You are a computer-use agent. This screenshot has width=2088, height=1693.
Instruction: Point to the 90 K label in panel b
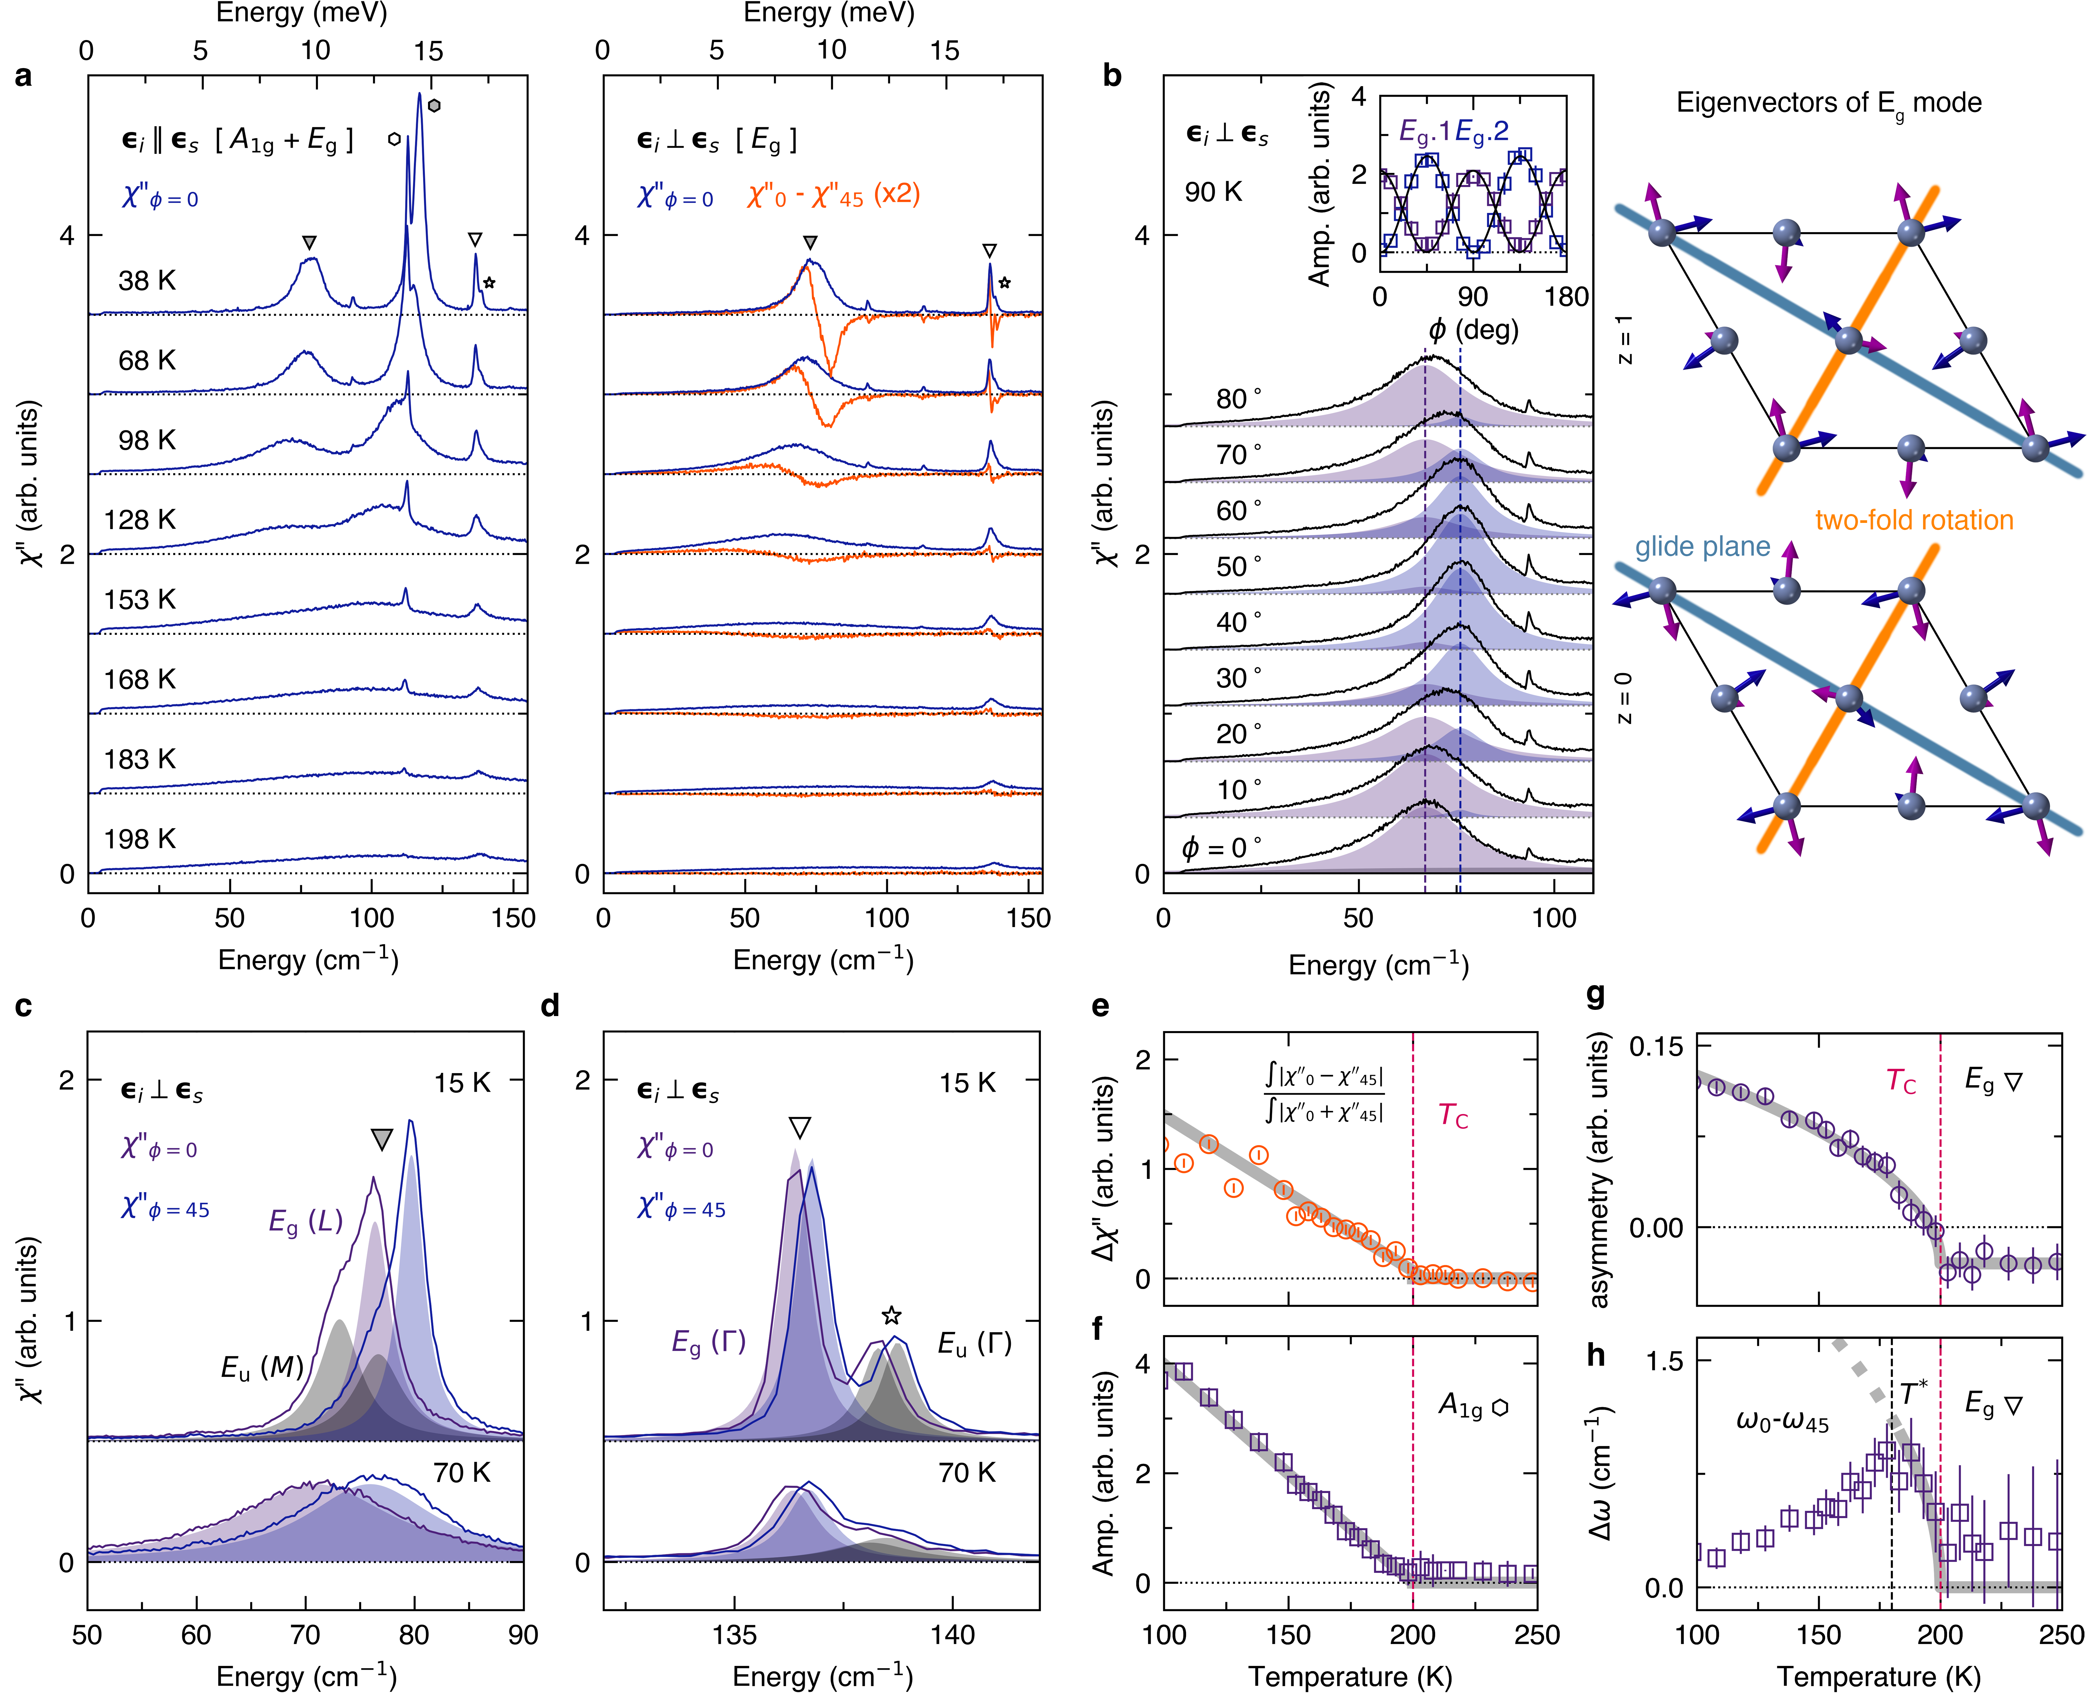tap(1213, 192)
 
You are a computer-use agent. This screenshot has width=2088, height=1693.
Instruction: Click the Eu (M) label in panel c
tap(261, 1368)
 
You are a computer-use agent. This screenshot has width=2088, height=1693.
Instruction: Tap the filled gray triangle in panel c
tap(381, 1139)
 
